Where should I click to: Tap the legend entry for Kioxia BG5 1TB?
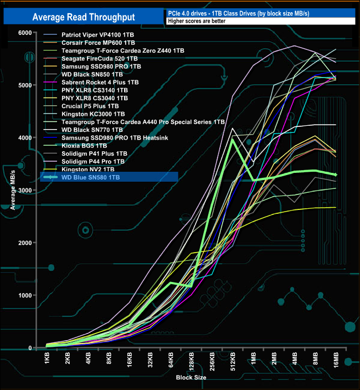tap(89, 145)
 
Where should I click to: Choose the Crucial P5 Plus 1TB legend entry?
tap(90, 105)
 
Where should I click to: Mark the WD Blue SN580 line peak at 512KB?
tap(232, 139)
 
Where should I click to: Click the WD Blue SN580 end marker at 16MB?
tap(336, 175)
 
